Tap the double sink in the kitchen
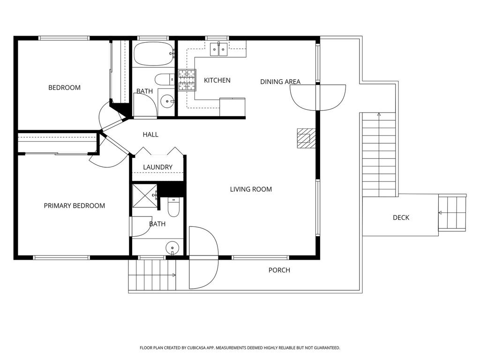[219, 48]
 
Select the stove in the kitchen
[186, 80]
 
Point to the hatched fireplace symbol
[303, 138]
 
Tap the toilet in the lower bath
[173, 207]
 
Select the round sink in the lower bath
[172, 247]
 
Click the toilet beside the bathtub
[165, 79]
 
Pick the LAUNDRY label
[157, 167]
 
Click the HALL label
[150, 135]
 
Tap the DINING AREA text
[280, 82]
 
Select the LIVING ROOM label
[251, 189]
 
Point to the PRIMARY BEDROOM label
[75, 206]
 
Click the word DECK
[401, 217]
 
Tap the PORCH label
[279, 270]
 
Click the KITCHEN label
[217, 80]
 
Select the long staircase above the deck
[379, 155]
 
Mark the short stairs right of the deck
[452, 213]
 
